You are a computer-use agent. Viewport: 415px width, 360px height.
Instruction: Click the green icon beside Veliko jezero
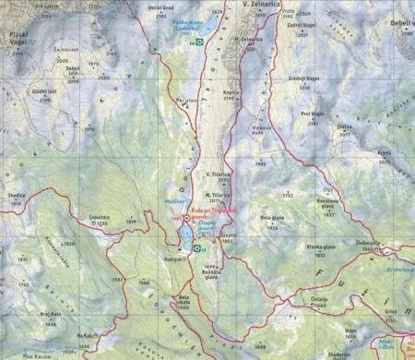coord(195,42)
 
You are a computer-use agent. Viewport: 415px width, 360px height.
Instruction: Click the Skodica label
coord(17,196)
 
